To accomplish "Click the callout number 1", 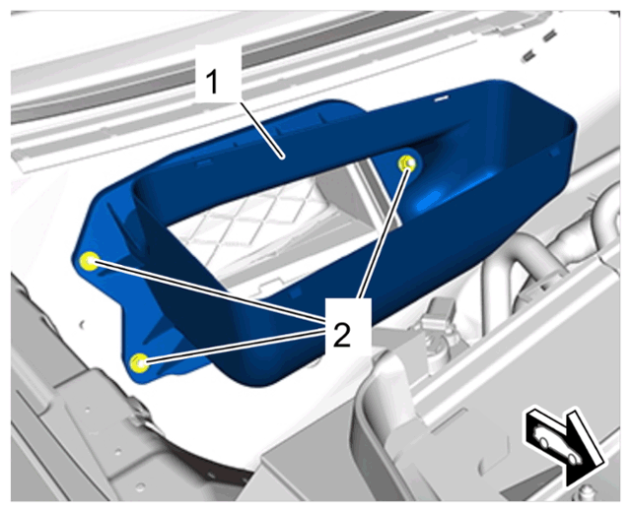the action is pyautogui.click(x=212, y=82).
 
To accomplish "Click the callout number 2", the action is pyautogui.click(x=342, y=335).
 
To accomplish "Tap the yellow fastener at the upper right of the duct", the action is pyautogui.click(x=407, y=163).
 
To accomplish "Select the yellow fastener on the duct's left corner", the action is pyautogui.click(x=88, y=261).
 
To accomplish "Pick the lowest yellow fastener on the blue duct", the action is pyautogui.click(x=140, y=363).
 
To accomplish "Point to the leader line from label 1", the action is pyautogui.click(x=260, y=128).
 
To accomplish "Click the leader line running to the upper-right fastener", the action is pyautogui.click(x=385, y=232).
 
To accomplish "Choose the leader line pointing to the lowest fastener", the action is pyautogui.click(x=235, y=346).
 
